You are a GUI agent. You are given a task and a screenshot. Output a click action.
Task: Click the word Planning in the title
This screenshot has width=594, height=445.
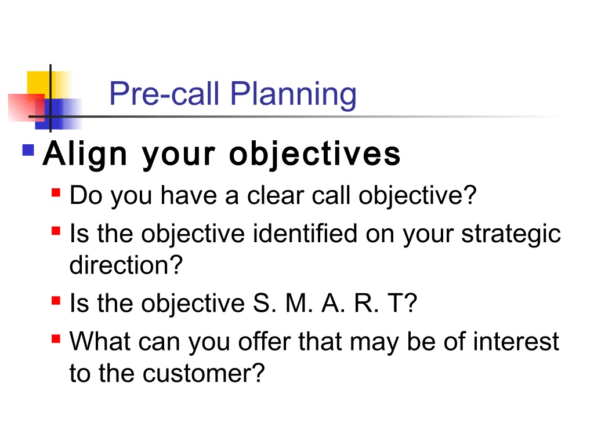click(293, 94)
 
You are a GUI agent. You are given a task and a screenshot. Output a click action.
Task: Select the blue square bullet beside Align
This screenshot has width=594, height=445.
click(28, 150)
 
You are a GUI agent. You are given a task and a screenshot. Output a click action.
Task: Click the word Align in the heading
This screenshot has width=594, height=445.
click(85, 154)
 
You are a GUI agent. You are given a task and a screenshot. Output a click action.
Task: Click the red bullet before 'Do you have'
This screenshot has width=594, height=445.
click(56, 192)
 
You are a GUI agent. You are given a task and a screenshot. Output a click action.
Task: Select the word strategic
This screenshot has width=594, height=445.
click(511, 235)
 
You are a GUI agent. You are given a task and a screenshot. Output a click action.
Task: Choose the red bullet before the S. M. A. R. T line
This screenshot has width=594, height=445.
click(56, 301)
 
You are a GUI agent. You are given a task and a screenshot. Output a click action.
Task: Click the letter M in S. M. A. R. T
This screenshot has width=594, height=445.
click(296, 303)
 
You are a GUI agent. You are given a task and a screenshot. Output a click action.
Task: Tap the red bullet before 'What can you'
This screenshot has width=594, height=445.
click(56, 338)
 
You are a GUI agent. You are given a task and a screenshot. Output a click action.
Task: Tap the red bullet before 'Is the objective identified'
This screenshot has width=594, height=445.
click(56, 231)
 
